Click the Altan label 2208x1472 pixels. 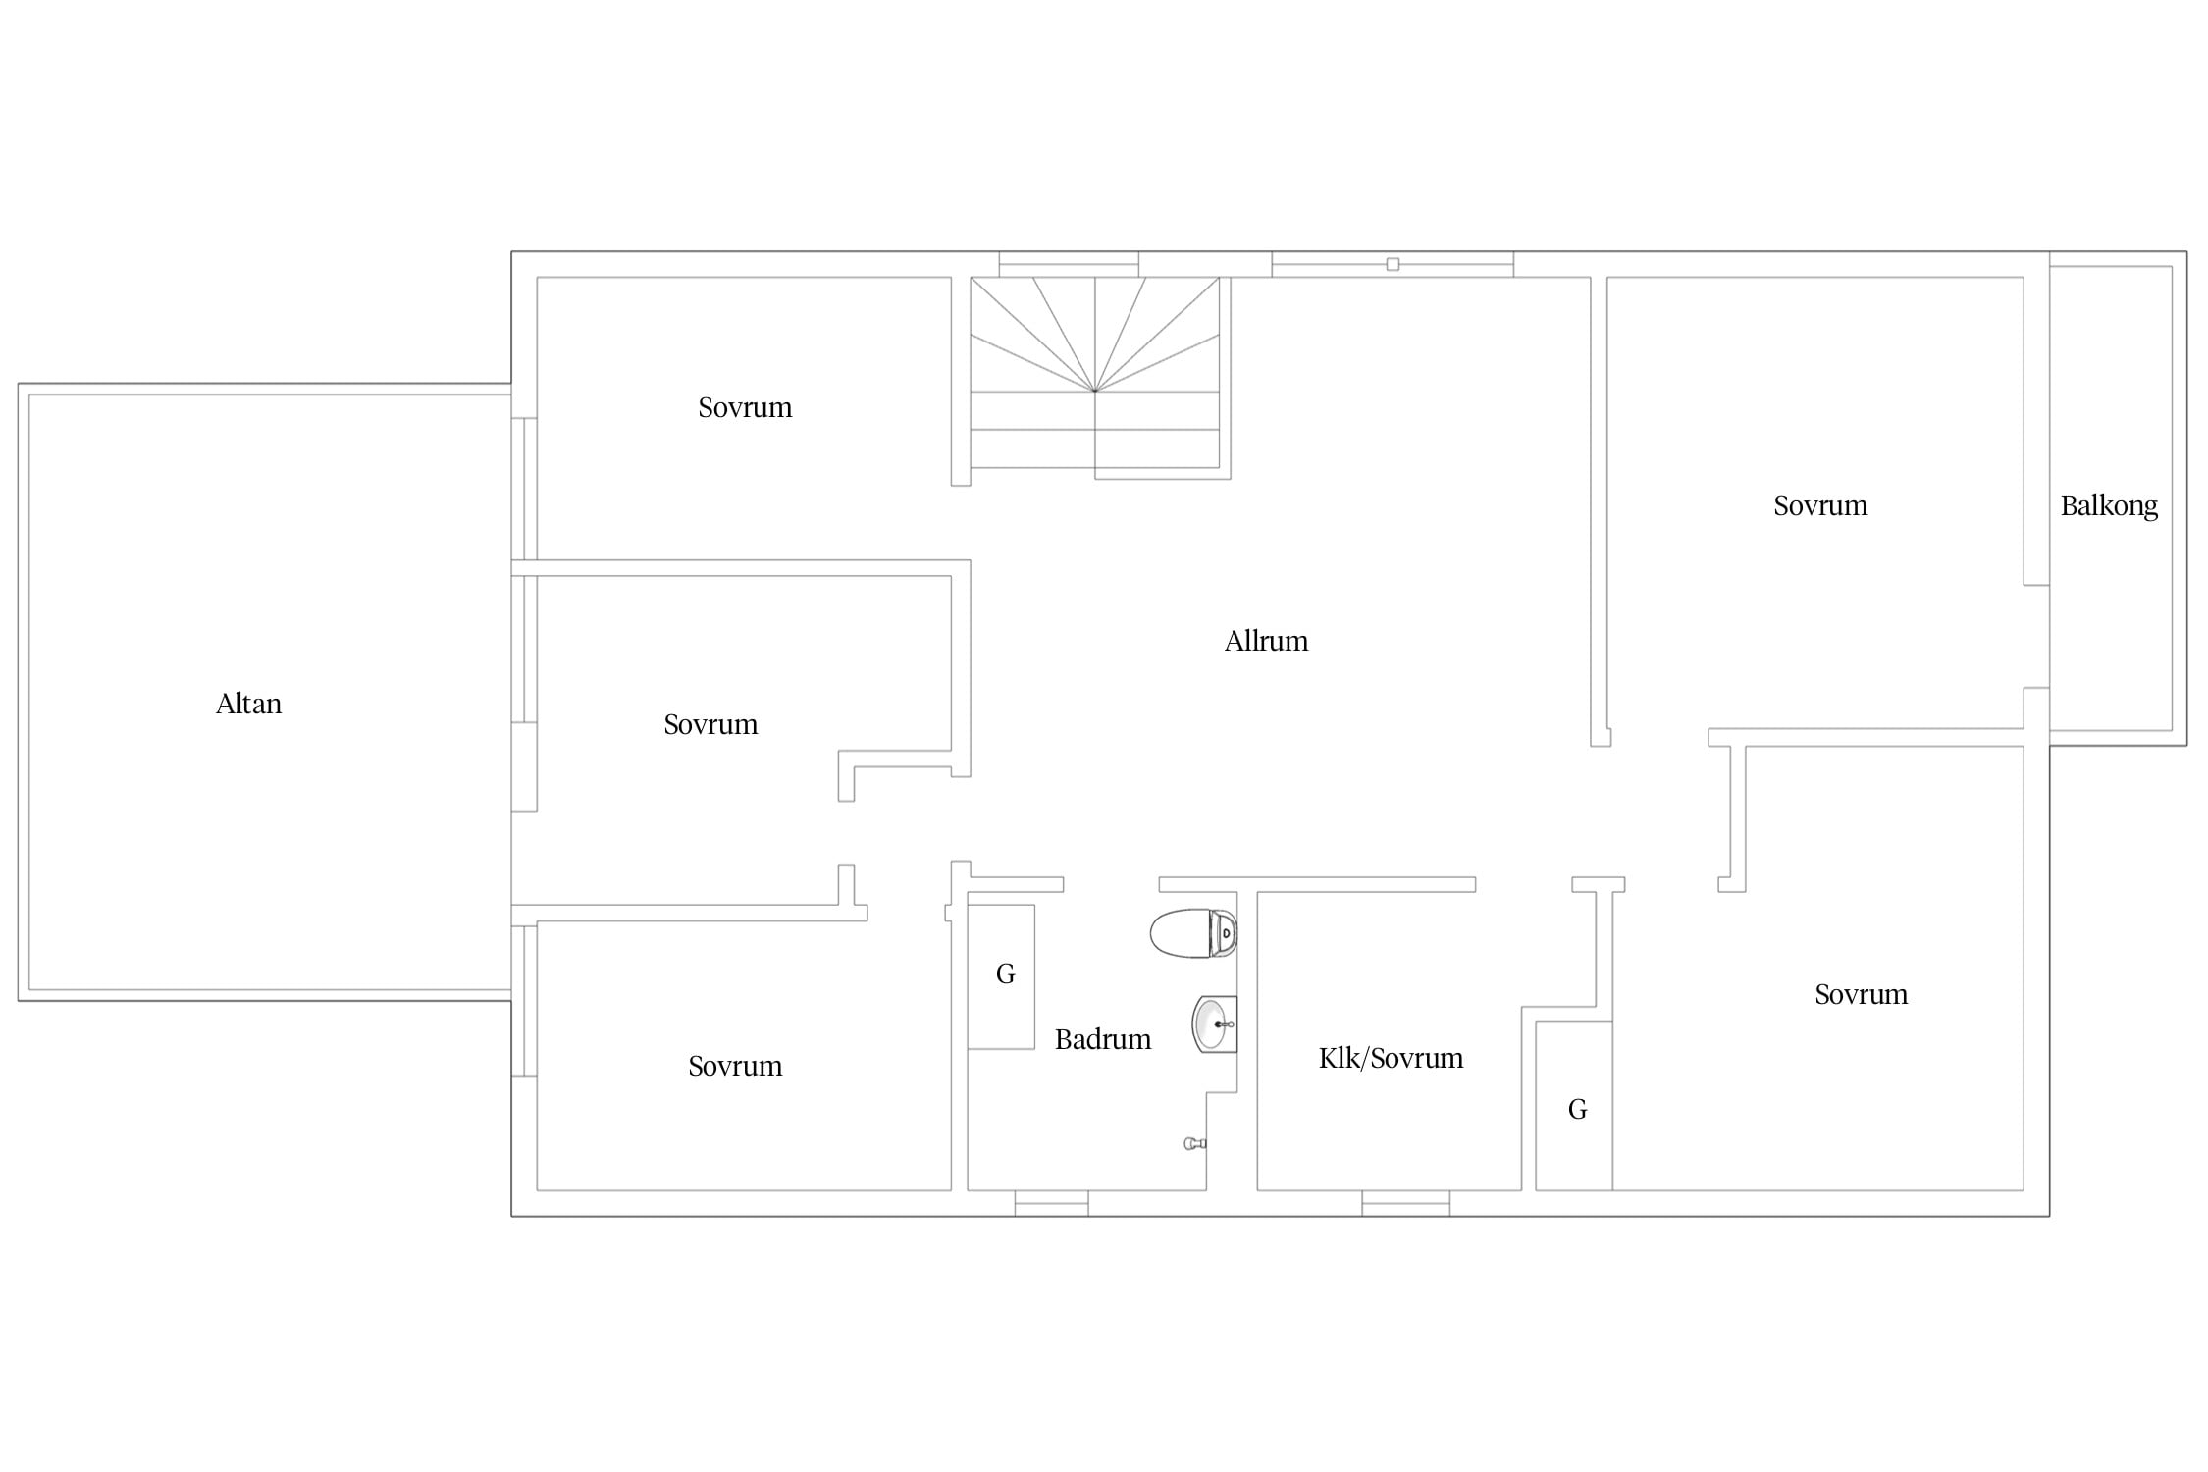pyautogui.click(x=248, y=704)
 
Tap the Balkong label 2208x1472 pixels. pyautogui.click(x=2109, y=506)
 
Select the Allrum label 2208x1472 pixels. pyautogui.click(x=1266, y=641)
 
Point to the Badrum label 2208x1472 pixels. pyautogui.click(x=1103, y=1039)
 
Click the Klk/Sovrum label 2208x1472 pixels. pyautogui.click(x=1391, y=1058)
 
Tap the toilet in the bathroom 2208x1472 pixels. pyautogui.click(x=1193, y=933)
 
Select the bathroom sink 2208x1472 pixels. pyautogui.click(x=1214, y=1024)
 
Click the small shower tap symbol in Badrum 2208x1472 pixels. pyautogui.click(x=1194, y=1143)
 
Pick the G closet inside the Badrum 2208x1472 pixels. pyautogui.click(x=1001, y=976)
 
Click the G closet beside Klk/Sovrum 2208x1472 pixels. pyautogui.click(x=1574, y=1106)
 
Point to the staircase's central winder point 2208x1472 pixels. pyautogui.click(x=1095, y=391)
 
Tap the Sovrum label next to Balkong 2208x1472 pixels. pyautogui.click(x=1820, y=505)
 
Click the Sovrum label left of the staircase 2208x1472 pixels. pyautogui.click(x=745, y=407)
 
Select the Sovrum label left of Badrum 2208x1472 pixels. pyautogui.click(x=735, y=1066)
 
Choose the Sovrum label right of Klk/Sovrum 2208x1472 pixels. pyautogui.click(x=1861, y=994)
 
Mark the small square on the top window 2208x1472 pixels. pyautogui.click(x=1393, y=264)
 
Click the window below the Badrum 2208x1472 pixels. pyautogui.click(x=1051, y=1203)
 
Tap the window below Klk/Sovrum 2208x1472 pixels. pyautogui.click(x=1405, y=1203)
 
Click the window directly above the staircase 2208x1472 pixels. pyautogui.click(x=1069, y=264)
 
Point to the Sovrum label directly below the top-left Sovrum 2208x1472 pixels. pyautogui.click(x=710, y=724)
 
